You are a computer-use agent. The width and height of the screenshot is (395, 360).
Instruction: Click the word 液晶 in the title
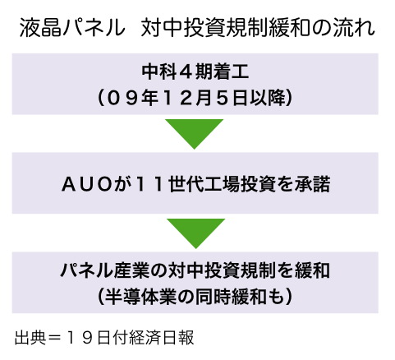(40, 28)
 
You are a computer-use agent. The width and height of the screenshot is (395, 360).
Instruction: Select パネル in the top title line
(94, 28)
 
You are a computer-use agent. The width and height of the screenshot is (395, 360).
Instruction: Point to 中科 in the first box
(159, 72)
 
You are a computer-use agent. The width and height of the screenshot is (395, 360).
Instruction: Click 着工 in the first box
(232, 72)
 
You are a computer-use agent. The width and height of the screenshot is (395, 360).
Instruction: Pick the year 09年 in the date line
(132, 98)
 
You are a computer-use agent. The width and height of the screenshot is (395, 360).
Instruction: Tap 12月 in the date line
(187, 98)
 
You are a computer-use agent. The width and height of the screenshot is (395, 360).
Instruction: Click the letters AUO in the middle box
(87, 184)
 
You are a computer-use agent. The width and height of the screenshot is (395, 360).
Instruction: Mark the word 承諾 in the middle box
(312, 184)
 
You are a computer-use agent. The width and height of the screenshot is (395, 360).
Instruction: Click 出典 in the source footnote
(30, 338)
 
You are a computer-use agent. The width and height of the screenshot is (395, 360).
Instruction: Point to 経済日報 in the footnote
(163, 338)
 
